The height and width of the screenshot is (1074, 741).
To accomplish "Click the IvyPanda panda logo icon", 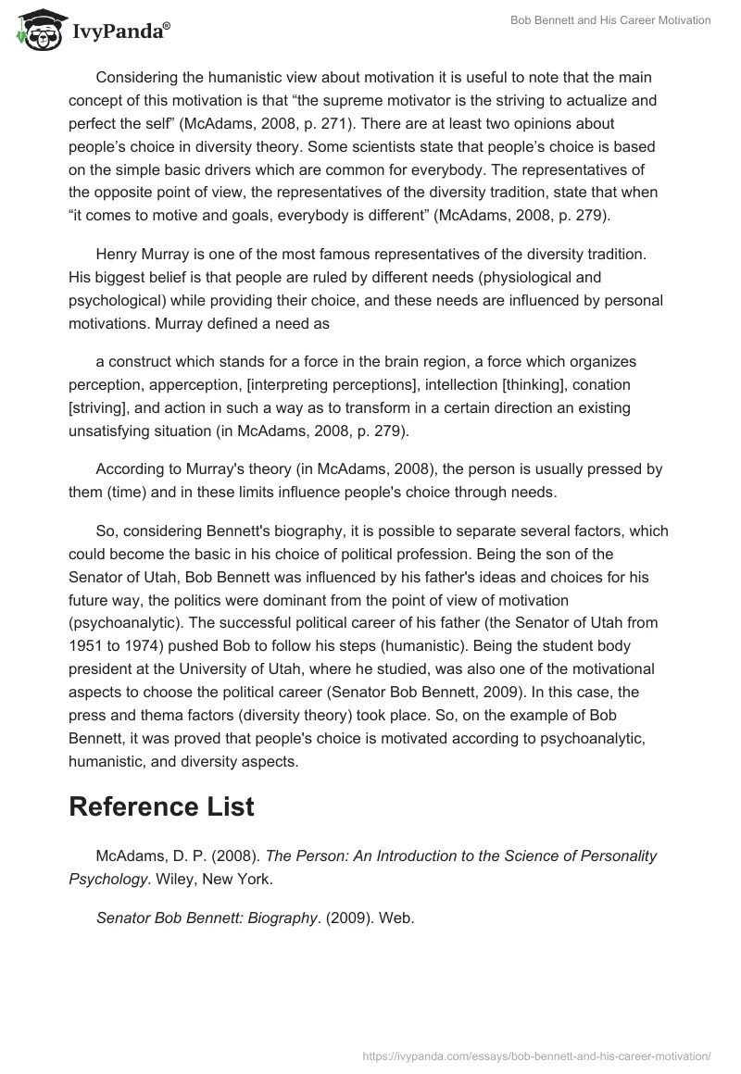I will point(37,30).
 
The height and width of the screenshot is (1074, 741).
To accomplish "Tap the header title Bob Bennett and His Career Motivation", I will point(610,20).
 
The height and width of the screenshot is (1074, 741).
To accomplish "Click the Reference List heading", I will point(161,805).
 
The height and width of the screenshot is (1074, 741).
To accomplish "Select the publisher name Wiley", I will point(172,878).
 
